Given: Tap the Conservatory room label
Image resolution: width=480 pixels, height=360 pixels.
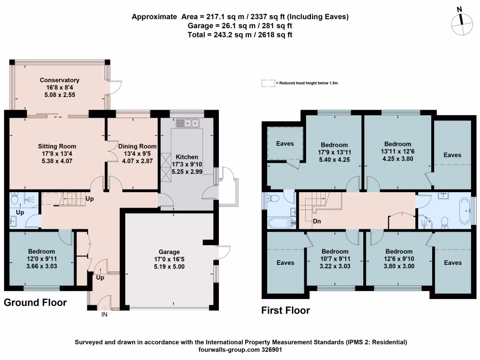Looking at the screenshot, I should tap(60, 80).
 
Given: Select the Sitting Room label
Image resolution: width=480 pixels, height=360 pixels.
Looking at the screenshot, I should tap(57, 146).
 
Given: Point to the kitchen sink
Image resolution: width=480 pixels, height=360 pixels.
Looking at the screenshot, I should tap(187, 123).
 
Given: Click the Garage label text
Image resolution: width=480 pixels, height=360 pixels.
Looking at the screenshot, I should tap(169, 252).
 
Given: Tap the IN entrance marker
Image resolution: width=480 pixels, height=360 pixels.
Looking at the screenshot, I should tap(105, 315).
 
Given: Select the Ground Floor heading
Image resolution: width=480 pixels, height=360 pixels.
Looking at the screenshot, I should tap(35, 303).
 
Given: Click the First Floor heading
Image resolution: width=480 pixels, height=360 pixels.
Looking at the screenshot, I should tap(285, 310).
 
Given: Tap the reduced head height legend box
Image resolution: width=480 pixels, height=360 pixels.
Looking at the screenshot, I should tap(268, 83).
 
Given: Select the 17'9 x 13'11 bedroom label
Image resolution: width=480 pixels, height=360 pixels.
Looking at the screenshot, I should tap(334, 145).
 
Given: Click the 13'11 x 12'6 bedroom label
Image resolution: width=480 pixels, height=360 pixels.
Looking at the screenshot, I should tap(397, 144).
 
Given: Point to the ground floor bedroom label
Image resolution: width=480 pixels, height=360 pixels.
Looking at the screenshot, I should tap(42, 252).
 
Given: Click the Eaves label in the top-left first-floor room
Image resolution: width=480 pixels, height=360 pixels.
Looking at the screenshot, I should tap(285, 143).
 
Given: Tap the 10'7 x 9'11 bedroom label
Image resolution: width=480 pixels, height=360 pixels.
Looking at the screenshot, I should tap(335, 251).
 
